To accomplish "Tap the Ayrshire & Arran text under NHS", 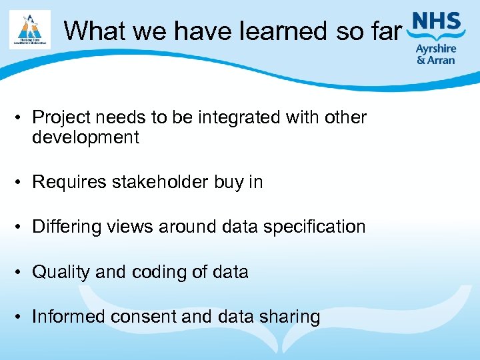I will (x=435, y=54).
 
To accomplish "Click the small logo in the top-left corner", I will (x=30, y=29).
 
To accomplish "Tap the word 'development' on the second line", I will (x=85, y=138).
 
